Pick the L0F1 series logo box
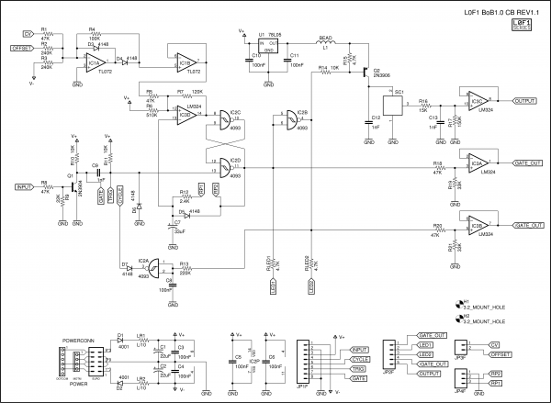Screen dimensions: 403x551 pyautogui.click(x=522, y=25)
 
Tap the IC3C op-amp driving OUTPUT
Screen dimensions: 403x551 pyautogui.click(x=477, y=100)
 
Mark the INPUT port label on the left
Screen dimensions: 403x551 pyautogui.click(x=23, y=186)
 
